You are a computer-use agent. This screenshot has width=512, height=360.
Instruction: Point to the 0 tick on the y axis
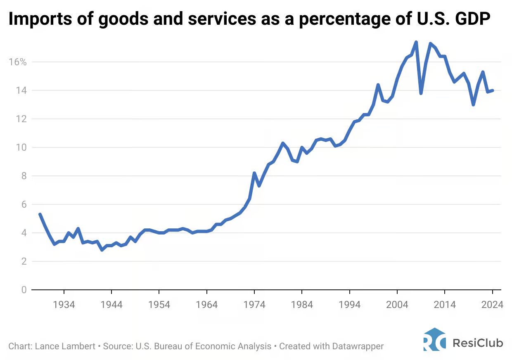(x=24, y=290)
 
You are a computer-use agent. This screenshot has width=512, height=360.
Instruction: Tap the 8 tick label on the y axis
(x=24, y=176)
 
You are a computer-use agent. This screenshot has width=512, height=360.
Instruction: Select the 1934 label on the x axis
(x=64, y=305)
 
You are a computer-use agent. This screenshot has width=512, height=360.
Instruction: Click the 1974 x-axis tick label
(x=254, y=305)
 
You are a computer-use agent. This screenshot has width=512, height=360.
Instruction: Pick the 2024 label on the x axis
(x=493, y=305)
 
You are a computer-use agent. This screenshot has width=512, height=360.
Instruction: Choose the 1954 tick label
(x=159, y=305)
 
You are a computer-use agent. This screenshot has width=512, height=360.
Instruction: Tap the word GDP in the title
(x=472, y=20)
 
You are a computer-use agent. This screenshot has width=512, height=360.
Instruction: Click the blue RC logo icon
(x=434, y=340)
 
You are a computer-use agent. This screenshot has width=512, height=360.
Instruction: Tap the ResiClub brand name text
(x=478, y=342)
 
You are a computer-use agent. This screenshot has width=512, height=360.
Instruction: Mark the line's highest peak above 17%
(x=416, y=42)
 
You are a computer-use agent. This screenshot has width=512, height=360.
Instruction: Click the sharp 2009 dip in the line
(x=421, y=93)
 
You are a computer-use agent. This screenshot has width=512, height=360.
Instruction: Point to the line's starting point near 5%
(x=40, y=214)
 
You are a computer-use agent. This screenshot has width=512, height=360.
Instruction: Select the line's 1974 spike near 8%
(x=254, y=173)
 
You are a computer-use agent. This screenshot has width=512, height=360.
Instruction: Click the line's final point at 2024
(x=493, y=90)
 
